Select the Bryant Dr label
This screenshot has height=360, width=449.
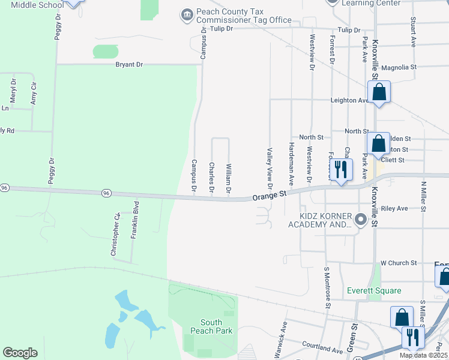point(129,64)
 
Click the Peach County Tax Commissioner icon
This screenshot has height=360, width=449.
point(187,14)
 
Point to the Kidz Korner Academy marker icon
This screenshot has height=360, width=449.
point(360,220)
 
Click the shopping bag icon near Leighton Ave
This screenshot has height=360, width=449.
point(379,93)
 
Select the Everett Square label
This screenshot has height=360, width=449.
point(374,291)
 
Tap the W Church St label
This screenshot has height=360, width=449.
point(399,263)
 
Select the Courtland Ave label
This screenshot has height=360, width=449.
point(322,347)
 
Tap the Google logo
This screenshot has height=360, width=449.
point(20,353)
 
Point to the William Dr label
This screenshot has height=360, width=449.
point(229,178)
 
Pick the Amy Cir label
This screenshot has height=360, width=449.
point(34,94)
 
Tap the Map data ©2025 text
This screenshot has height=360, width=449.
point(423,355)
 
